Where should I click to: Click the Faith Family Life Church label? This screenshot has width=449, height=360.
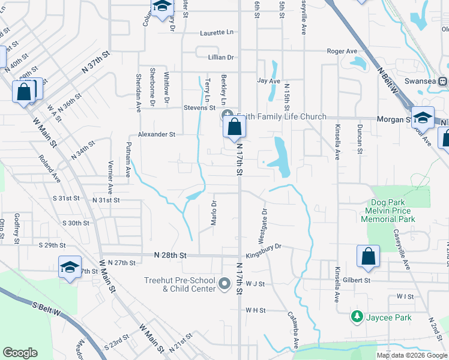pyautogui.click(x=282, y=116)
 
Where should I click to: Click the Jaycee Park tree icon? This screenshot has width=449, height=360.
pyautogui.click(x=357, y=316)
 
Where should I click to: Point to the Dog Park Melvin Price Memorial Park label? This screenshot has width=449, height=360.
pyautogui.click(x=388, y=211)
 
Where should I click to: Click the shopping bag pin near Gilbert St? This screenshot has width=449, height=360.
pyautogui.click(x=368, y=256)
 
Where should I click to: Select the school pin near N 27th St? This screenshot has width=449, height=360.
pyautogui.click(x=70, y=268)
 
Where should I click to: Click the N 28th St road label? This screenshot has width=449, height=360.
pyautogui.click(x=170, y=256)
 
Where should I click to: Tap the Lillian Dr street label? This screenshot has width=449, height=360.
pyautogui.click(x=220, y=57)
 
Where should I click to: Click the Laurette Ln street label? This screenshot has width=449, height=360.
pyautogui.click(x=217, y=32)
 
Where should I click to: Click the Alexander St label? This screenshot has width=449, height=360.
pyautogui.click(x=157, y=135)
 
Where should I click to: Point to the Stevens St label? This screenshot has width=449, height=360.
pyautogui.click(x=199, y=108)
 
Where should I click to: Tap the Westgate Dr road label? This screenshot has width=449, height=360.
pyautogui.click(x=262, y=226)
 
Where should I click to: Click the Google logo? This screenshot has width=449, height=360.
pyautogui.click(x=20, y=353)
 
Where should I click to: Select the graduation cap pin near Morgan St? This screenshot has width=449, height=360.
pyautogui.click(x=423, y=118)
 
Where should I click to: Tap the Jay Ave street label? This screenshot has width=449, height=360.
pyautogui.click(x=268, y=80)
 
